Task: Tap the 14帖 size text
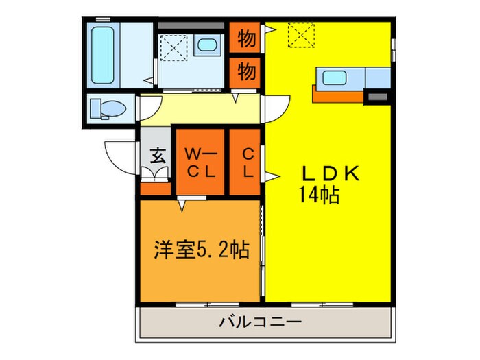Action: [x=318, y=196]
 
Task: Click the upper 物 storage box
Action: [x=247, y=39]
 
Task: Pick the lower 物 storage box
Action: [x=247, y=70]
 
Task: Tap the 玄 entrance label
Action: [x=157, y=156]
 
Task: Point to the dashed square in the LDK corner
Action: [x=300, y=34]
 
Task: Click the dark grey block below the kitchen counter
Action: [x=376, y=97]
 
